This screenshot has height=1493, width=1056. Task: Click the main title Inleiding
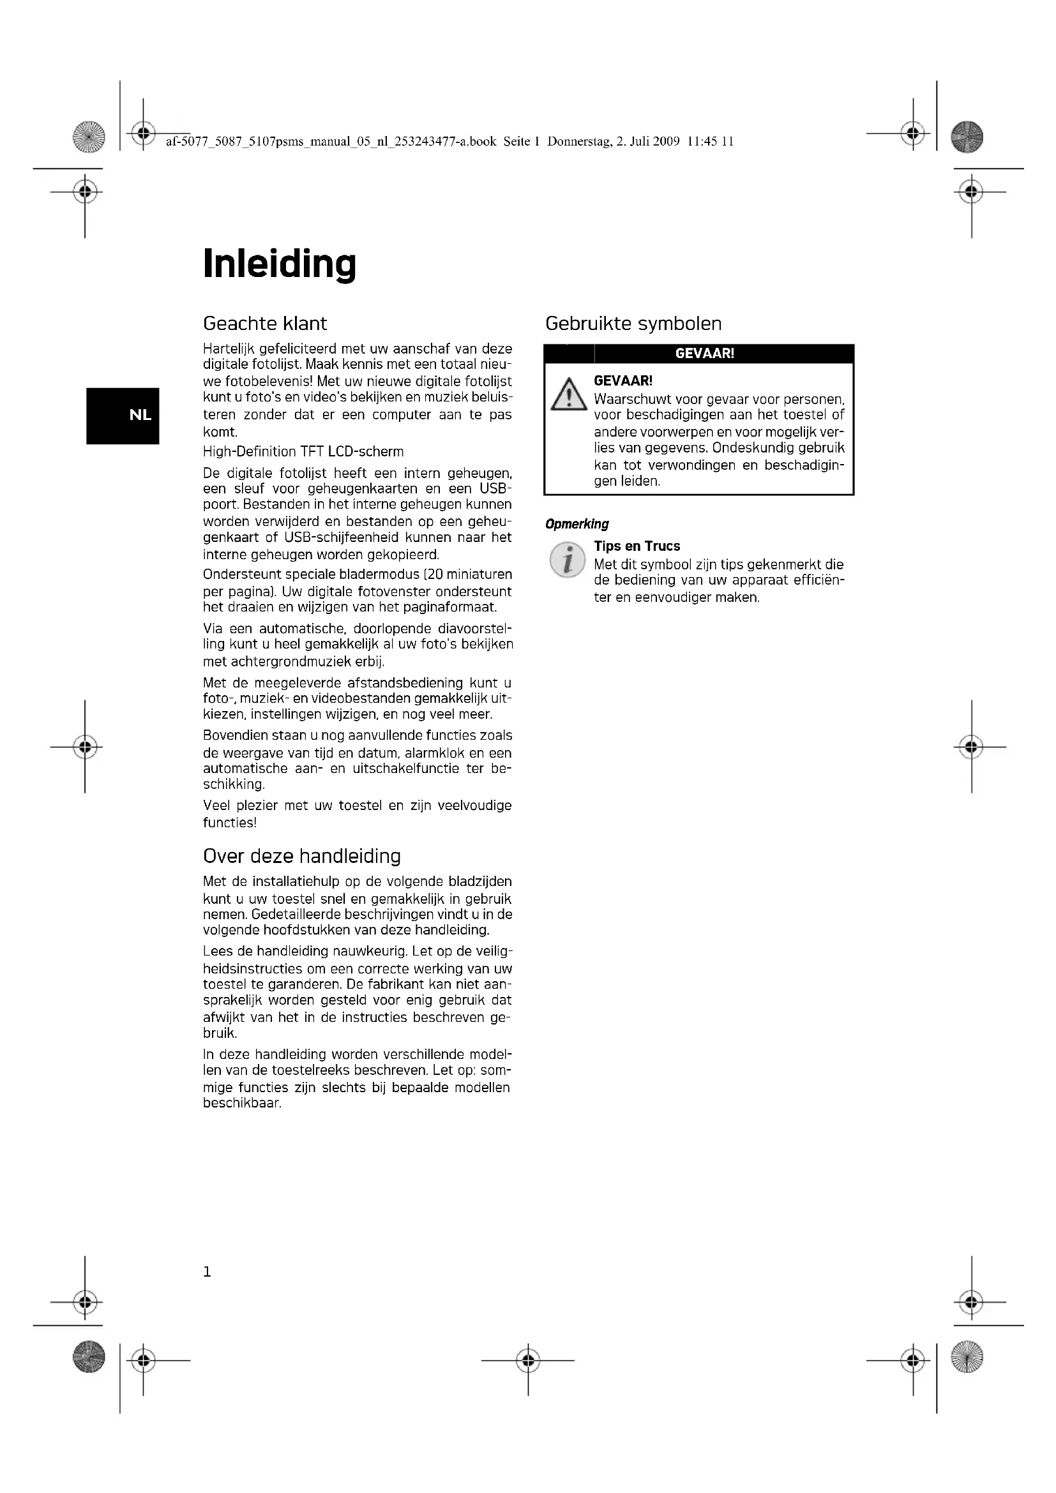(x=280, y=264)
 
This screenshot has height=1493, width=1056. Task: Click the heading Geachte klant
(x=265, y=323)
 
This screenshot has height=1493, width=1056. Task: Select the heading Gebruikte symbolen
(x=633, y=323)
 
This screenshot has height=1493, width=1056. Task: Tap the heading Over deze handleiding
(x=302, y=856)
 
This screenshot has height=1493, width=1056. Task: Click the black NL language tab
(x=123, y=416)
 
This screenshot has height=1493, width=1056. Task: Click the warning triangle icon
(x=568, y=394)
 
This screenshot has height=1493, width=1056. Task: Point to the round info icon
(x=567, y=560)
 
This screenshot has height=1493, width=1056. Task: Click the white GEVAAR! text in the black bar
(x=704, y=354)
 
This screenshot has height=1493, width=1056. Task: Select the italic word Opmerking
(x=577, y=524)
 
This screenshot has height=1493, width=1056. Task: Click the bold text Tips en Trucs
(x=637, y=546)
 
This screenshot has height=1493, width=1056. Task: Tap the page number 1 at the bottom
(x=207, y=1272)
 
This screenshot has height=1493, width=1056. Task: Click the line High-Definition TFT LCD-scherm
(x=303, y=452)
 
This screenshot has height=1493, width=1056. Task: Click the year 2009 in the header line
(x=667, y=142)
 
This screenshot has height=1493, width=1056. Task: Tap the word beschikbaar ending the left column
(x=241, y=1104)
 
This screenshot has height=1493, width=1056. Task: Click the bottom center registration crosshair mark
(x=528, y=1360)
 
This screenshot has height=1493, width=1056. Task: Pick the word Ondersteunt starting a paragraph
(x=242, y=575)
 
